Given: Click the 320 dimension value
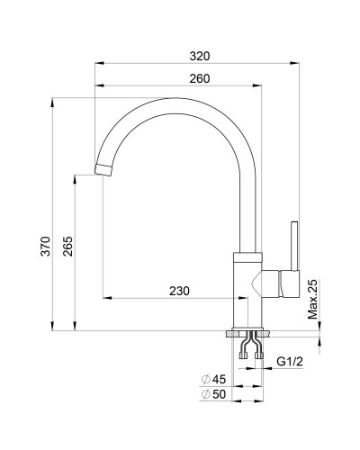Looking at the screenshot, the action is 200,56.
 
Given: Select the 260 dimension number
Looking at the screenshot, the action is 200,78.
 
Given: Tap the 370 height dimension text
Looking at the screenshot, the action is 46,246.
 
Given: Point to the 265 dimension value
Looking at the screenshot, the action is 67,246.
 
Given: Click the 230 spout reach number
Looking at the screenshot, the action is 179,291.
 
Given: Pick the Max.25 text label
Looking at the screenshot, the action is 312,299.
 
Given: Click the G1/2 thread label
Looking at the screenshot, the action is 290,362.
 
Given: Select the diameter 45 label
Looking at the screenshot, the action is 213,380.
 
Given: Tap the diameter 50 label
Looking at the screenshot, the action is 213,394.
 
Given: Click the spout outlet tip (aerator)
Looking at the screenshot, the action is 103,170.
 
